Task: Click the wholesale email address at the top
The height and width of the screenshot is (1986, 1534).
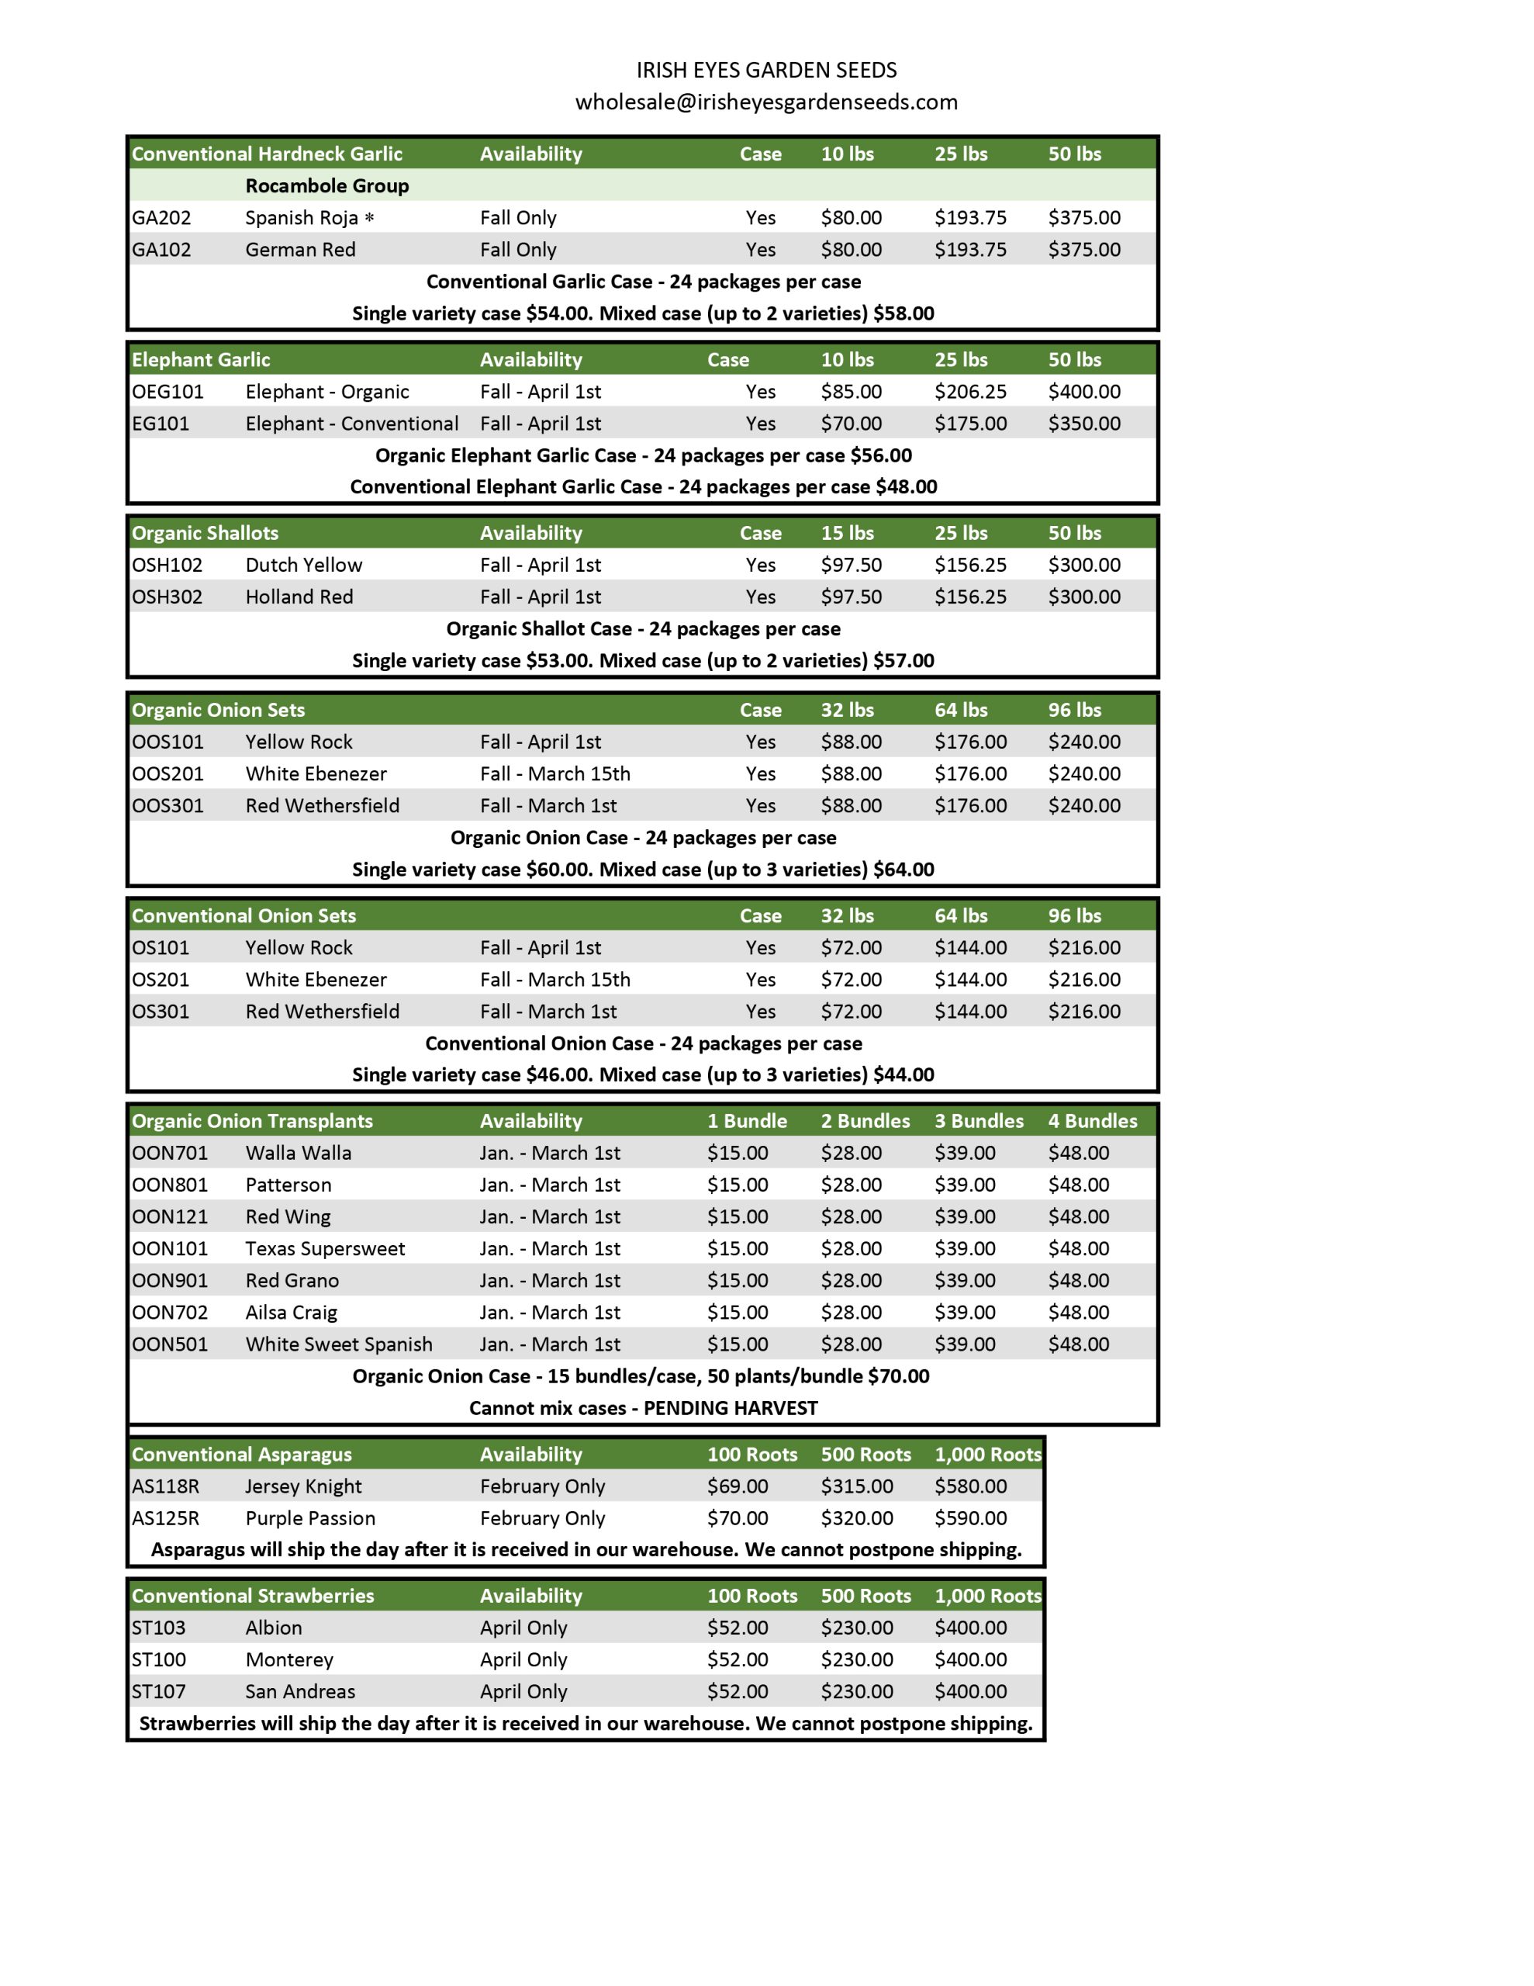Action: [x=765, y=102]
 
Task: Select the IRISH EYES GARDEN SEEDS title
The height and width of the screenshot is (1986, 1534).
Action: [x=765, y=70]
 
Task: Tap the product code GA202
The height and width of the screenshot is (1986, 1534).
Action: [x=161, y=218]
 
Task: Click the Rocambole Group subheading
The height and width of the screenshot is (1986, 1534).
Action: [x=326, y=186]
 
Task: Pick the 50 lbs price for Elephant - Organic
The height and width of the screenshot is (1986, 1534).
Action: [x=1084, y=392]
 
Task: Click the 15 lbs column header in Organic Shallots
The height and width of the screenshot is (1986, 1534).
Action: [x=847, y=534]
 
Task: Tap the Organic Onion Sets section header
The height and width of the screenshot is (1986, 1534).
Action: [x=218, y=710]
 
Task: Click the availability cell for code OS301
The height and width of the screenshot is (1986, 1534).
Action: [x=548, y=1011]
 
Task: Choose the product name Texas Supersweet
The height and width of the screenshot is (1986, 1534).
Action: [x=325, y=1248]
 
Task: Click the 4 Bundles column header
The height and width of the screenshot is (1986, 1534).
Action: [x=1092, y=1121]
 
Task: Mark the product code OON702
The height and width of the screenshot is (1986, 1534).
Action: [x=169, y=1312]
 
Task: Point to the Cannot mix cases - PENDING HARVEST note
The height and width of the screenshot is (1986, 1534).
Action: [x=643, y=1409]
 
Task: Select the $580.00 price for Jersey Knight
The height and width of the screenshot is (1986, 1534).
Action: [x=970, y=1486]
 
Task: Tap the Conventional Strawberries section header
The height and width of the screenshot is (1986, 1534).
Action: [x=253, y=1596]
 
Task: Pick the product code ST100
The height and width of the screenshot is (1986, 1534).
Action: [x=158, y=1659]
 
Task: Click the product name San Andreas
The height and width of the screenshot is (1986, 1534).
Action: [x=300, y=1691]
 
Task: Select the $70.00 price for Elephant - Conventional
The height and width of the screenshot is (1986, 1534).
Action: [x=851, y=424]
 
